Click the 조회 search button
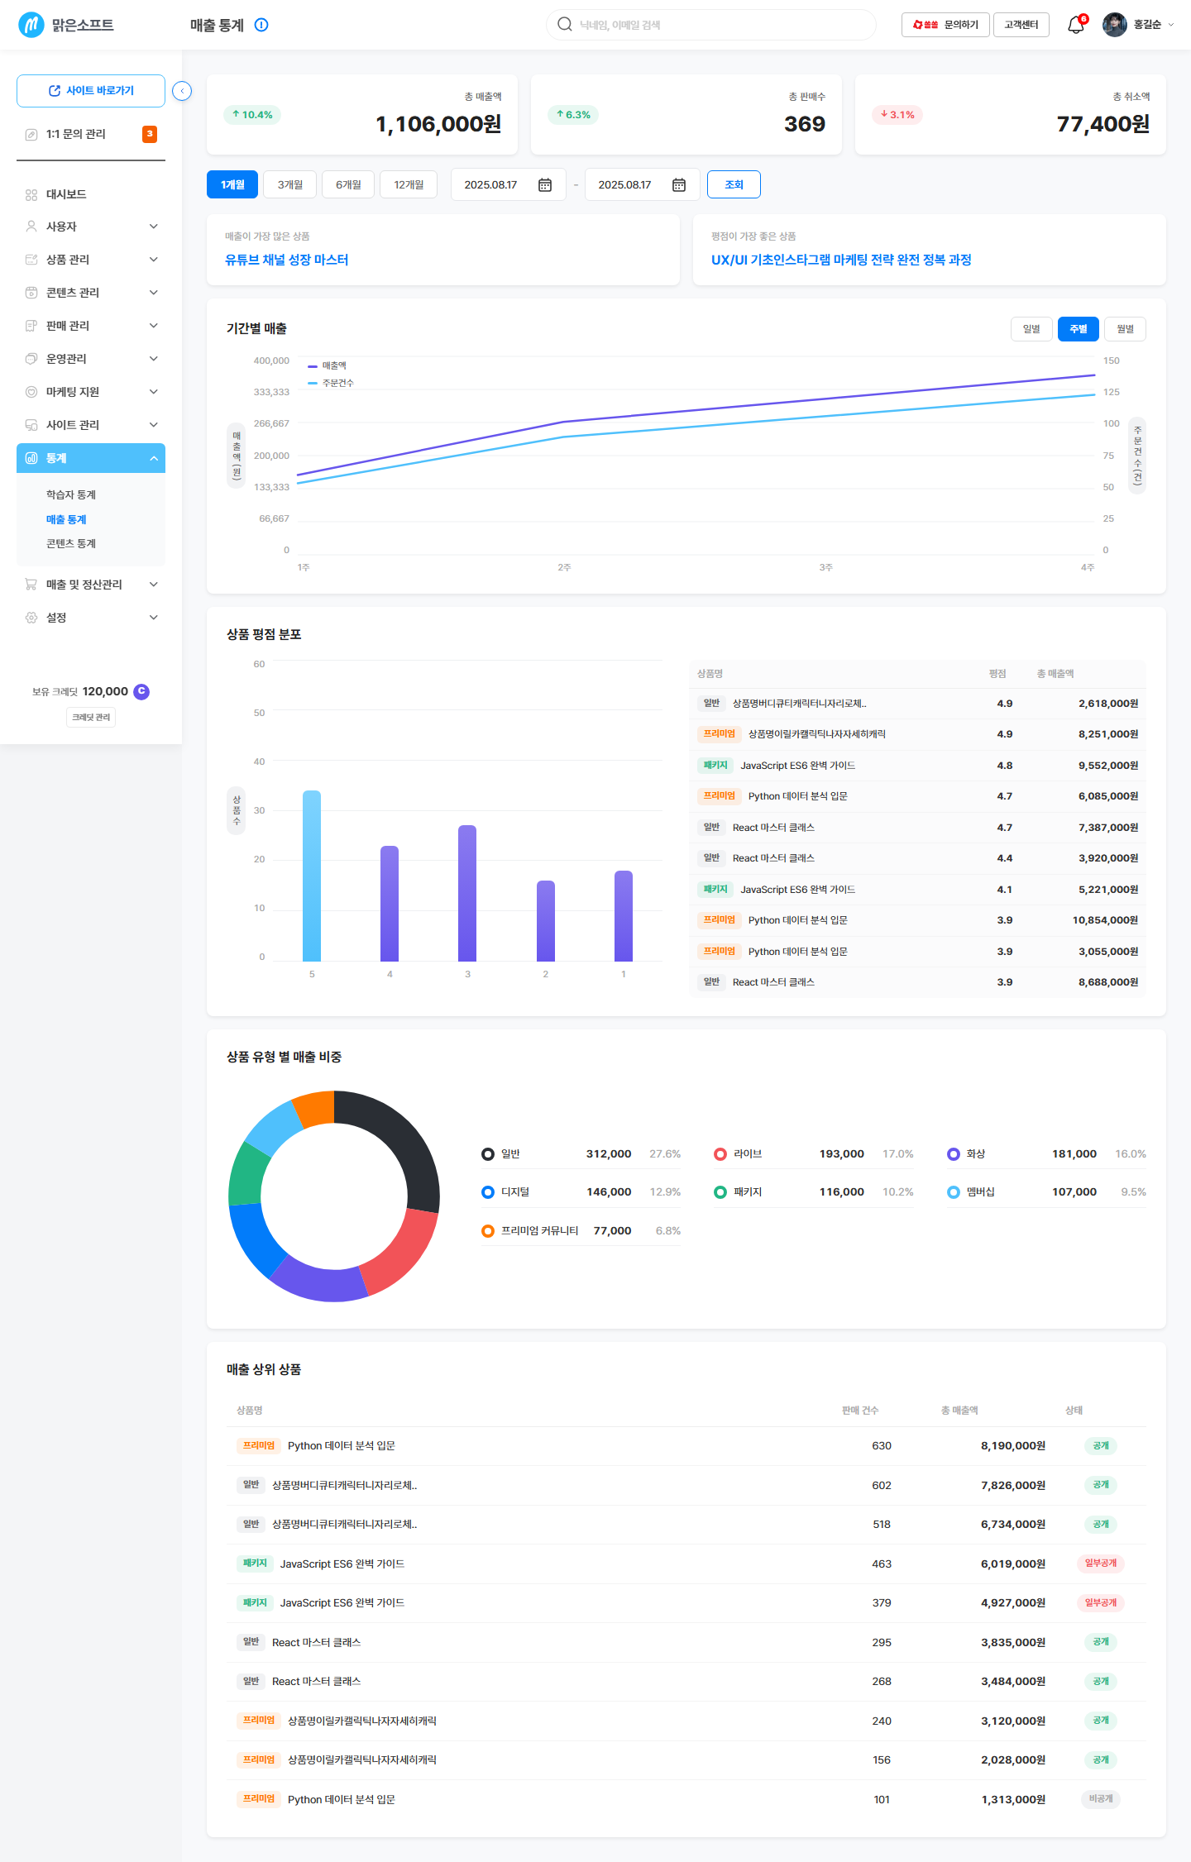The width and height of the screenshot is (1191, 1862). (x=734, y=184)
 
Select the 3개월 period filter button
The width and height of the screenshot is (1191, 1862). (x=290, y=184)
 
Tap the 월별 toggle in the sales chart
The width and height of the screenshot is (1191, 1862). (x=1125, y=329)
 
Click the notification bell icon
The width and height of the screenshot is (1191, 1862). (x=1075, y=25)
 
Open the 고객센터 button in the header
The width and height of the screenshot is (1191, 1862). (x=1021, y=25)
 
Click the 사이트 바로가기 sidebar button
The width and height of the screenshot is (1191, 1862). (x=91, y=91)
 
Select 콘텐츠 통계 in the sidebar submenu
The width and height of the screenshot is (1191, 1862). (x=71, y=543)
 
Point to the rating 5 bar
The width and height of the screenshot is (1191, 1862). (x=312, y=876)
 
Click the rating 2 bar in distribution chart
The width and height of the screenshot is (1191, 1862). (x=546, y=921)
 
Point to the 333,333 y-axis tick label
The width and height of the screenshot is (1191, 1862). (x=271, y=392)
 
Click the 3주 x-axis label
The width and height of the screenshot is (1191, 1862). (x=825, y=567)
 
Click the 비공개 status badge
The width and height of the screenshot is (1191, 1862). (x=1101, y=1798)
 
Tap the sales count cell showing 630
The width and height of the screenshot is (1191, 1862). (x=882, y=1445)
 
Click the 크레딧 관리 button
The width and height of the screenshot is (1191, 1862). (x=91, y=717)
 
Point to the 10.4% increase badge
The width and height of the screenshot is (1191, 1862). (x=252, y=115)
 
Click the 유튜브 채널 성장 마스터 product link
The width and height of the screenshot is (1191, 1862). (x=287, y=260)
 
